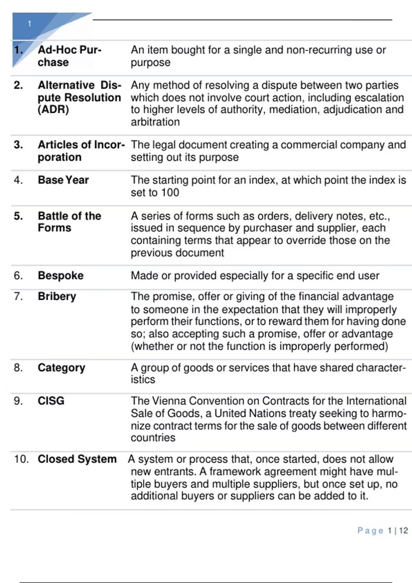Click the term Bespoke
[60, 276]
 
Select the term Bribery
[57, 296]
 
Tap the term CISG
[51, 401]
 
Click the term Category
[61, 368]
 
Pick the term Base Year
[63, 180]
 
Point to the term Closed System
[77, 459]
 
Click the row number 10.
[21, 459]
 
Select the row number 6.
[18, 276]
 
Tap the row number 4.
[18, 180]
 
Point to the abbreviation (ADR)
[53, 110]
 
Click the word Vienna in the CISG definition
[169, 401]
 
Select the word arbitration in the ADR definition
[155, 122]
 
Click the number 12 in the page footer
[403, 531]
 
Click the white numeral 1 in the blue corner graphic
[30, 24]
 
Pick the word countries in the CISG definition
[153, 438]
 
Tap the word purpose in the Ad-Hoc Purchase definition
[150, 63]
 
